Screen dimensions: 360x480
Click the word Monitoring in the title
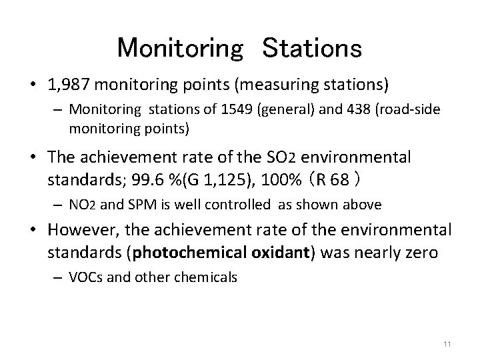point(180,48)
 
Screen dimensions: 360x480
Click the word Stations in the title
point(312,48)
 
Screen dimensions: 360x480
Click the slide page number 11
point(447,344)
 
